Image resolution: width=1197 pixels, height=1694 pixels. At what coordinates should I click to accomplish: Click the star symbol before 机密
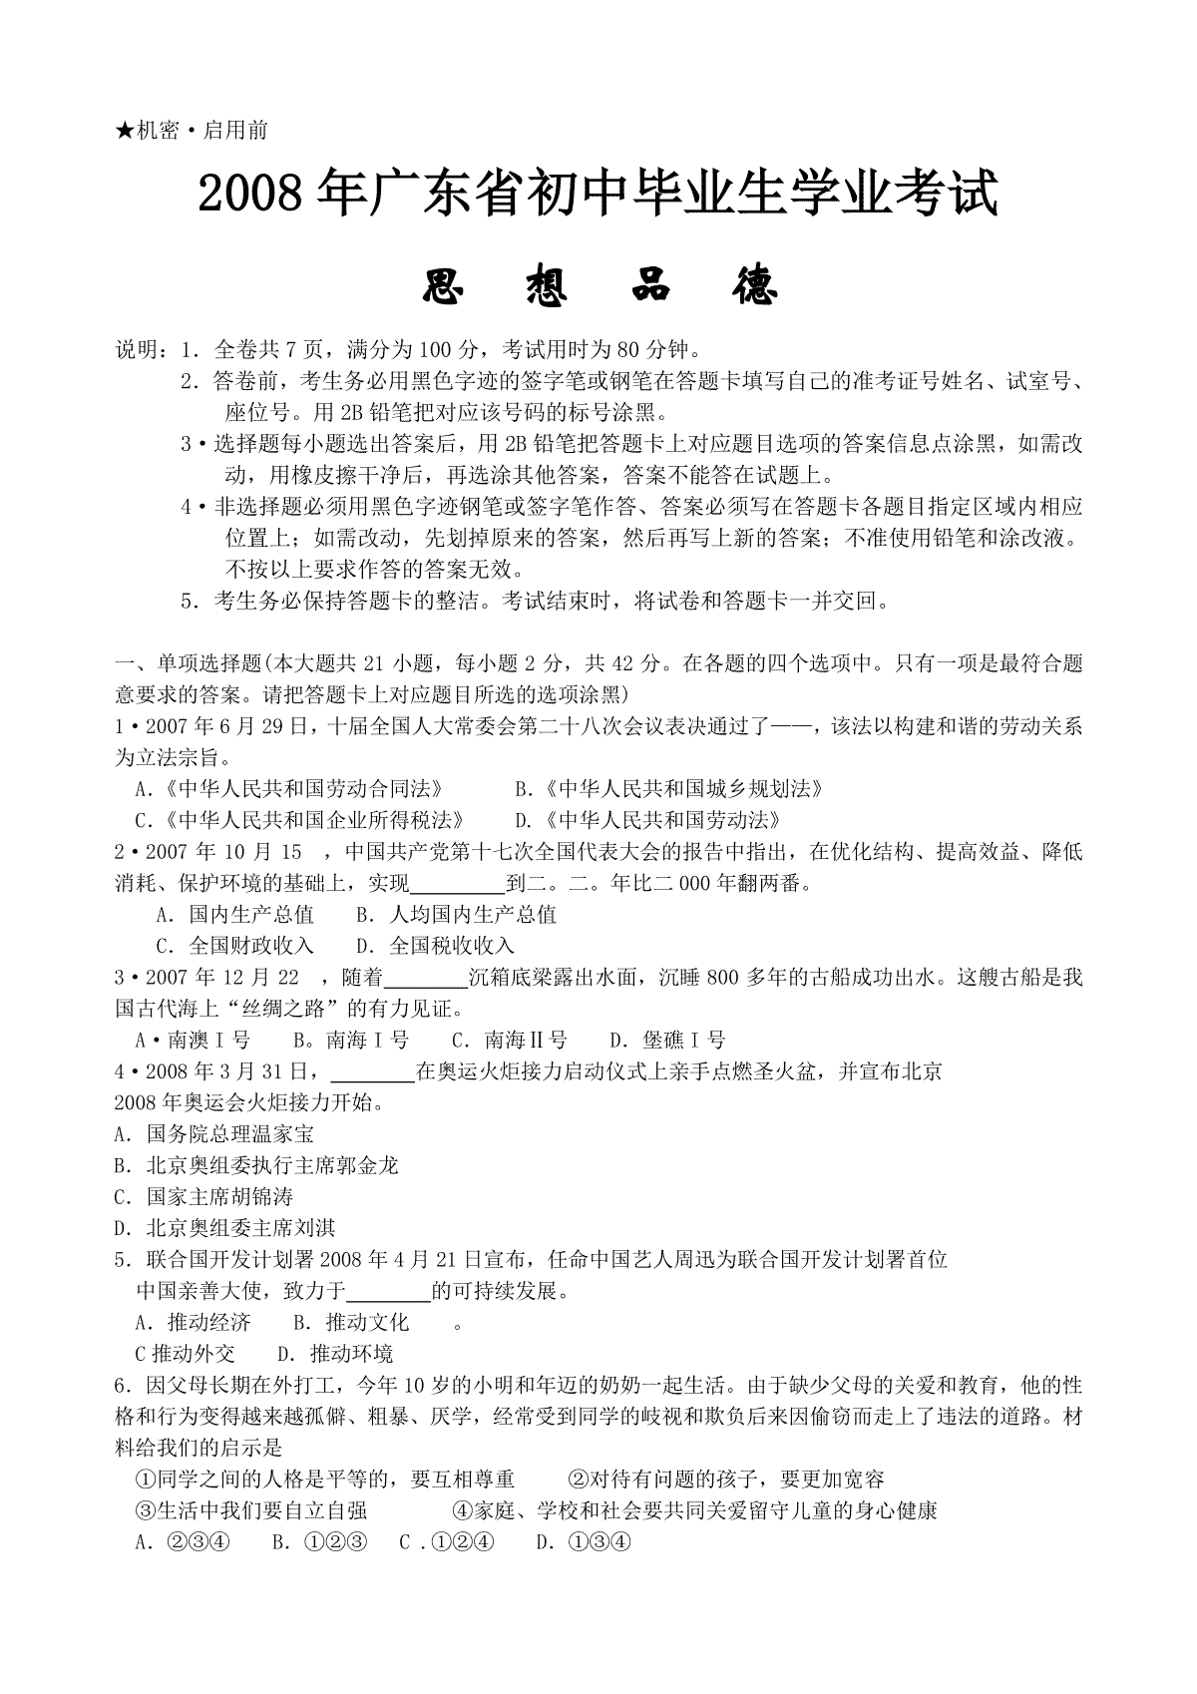(125, 130)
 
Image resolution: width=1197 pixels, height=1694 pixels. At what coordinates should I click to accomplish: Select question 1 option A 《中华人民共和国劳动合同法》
(289, 788)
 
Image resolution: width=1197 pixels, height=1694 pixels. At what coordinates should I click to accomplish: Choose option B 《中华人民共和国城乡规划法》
(669, 788)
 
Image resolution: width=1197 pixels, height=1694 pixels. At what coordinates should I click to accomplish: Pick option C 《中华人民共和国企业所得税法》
(300, 820)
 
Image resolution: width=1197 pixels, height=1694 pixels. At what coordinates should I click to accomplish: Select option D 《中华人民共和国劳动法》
(647, 820)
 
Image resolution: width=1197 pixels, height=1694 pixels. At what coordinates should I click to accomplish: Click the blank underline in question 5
(388, 1293)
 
